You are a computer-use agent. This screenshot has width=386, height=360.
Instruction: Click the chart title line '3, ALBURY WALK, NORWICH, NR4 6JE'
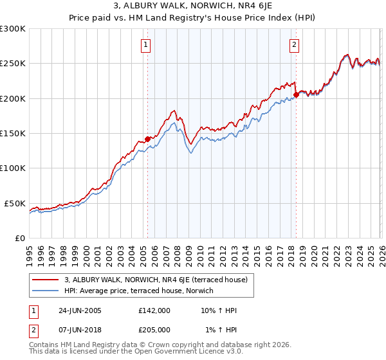[193, 6]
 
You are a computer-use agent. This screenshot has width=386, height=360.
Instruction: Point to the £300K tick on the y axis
[13, 29]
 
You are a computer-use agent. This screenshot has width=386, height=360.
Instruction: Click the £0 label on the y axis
[20, 238]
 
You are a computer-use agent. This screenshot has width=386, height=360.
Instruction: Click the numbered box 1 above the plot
[147, 45]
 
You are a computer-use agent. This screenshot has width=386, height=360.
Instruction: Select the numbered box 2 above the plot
[294, 45]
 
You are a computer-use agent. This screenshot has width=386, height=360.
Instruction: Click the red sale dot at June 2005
[147, 139]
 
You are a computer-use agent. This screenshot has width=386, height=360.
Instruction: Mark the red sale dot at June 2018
[296, 95]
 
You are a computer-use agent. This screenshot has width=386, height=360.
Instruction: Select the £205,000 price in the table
[154, 330]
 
